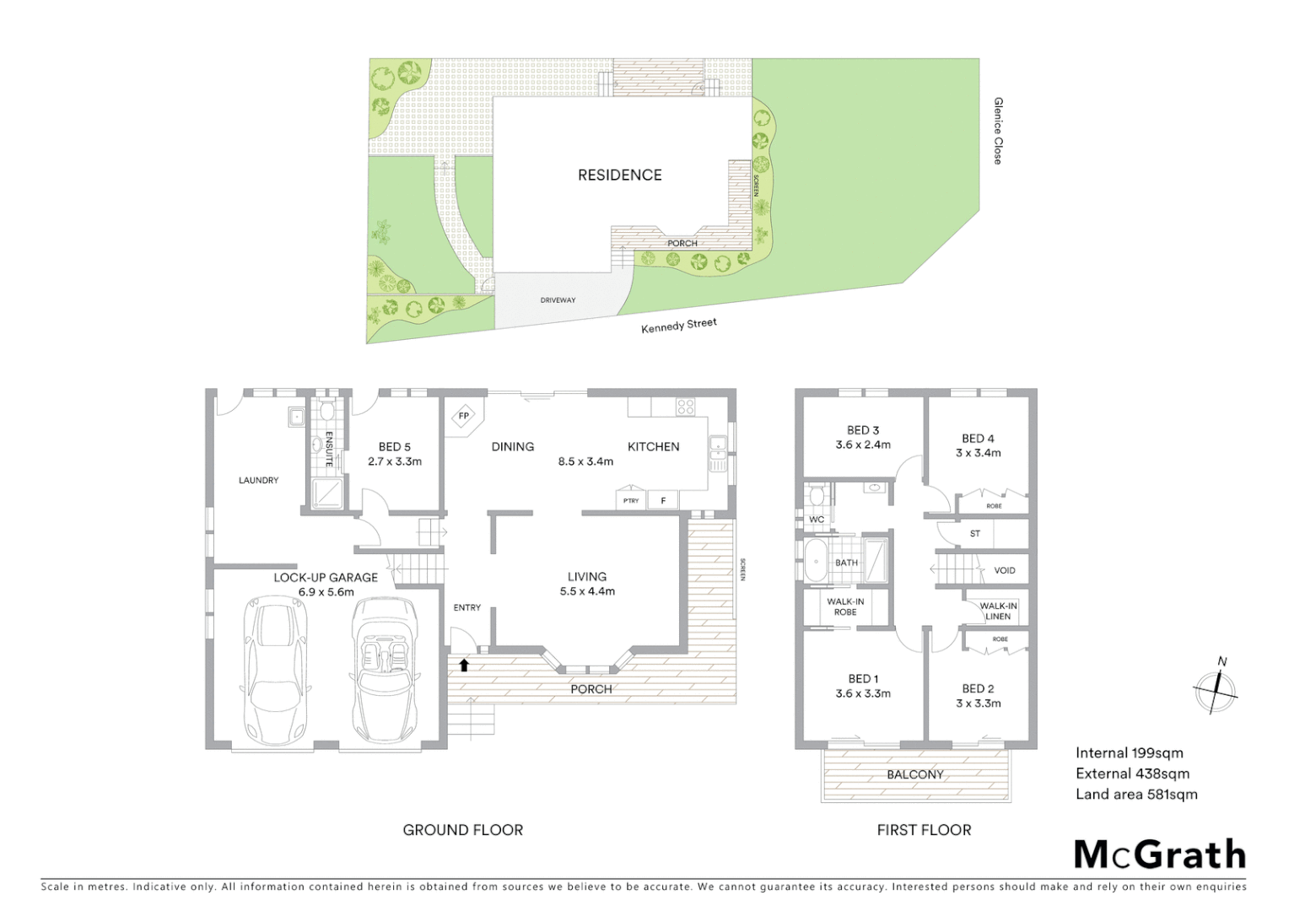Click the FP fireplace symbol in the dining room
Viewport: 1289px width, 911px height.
tap(463, 416)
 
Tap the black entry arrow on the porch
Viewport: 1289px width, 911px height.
tap(463, 665)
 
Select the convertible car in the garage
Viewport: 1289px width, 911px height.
tap(384, 670)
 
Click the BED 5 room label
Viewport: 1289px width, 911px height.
tap(395, 447)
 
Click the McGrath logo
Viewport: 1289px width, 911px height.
tap(1159, 854)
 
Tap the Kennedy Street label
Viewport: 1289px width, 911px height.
tap(678, 326)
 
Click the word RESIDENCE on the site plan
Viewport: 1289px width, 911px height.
tap(619, 175)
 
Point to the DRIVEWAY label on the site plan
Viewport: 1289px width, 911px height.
tap(558, 300)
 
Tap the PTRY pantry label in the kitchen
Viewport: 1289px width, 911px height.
tap(630, 501)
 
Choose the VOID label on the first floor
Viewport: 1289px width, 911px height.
tap(1004, 570)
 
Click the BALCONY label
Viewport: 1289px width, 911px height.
tap(914, 774)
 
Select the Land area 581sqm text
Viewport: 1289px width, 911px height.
tap(1135, 794)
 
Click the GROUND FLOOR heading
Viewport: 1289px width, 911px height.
tap(462, 830)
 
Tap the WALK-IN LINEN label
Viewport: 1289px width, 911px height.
tap(998, 611)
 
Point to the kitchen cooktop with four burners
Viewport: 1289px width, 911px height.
tap(683, 407)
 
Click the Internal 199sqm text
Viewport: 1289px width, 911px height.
tap(1129, 753)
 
